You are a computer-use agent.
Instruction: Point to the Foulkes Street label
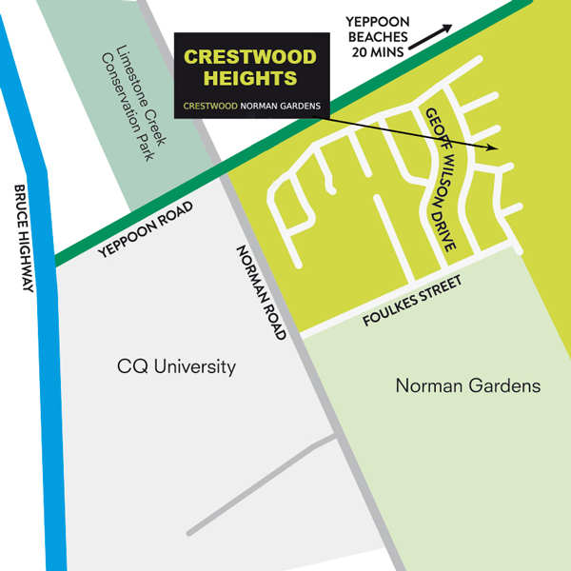pyautogui.click(x=411, y=301)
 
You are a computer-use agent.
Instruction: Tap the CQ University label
pyautogui.click(x=176, y=367)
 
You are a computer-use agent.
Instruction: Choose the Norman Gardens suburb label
pyautogui.click(x=467, y=385)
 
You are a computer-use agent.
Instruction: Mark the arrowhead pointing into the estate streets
pyautogui.click(x=492, y=148)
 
